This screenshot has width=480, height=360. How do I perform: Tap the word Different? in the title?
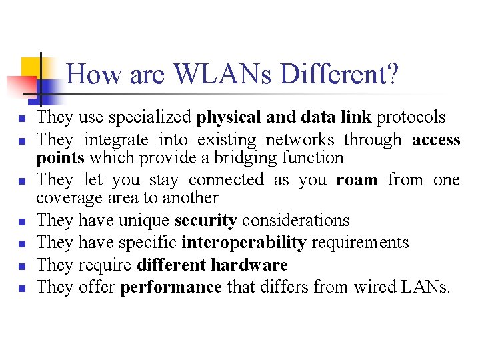click(339, 74)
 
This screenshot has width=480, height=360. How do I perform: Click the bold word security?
click(205, 221)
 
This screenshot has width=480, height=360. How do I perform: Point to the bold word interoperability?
click(243, 243)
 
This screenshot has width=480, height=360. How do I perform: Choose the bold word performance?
click(171, 287)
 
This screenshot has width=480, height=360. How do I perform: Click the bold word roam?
click(358, 180)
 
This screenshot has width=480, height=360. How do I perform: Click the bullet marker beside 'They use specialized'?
click(22, 119)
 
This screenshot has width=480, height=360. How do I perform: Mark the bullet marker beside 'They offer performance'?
click(22, 288)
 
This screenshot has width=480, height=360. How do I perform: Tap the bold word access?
click(436, 140)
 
